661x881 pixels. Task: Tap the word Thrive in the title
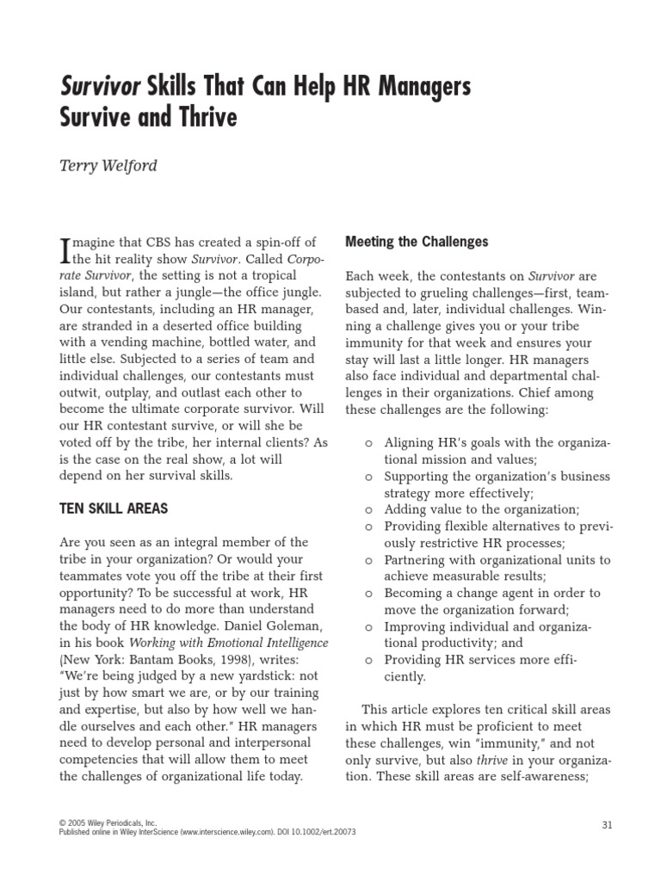point(201,117)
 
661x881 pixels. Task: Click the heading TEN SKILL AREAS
point(114,508)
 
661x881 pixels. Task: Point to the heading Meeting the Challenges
point(417,242)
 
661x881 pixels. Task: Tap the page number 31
point(606,825)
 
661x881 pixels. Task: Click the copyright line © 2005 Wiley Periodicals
point(108,823)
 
